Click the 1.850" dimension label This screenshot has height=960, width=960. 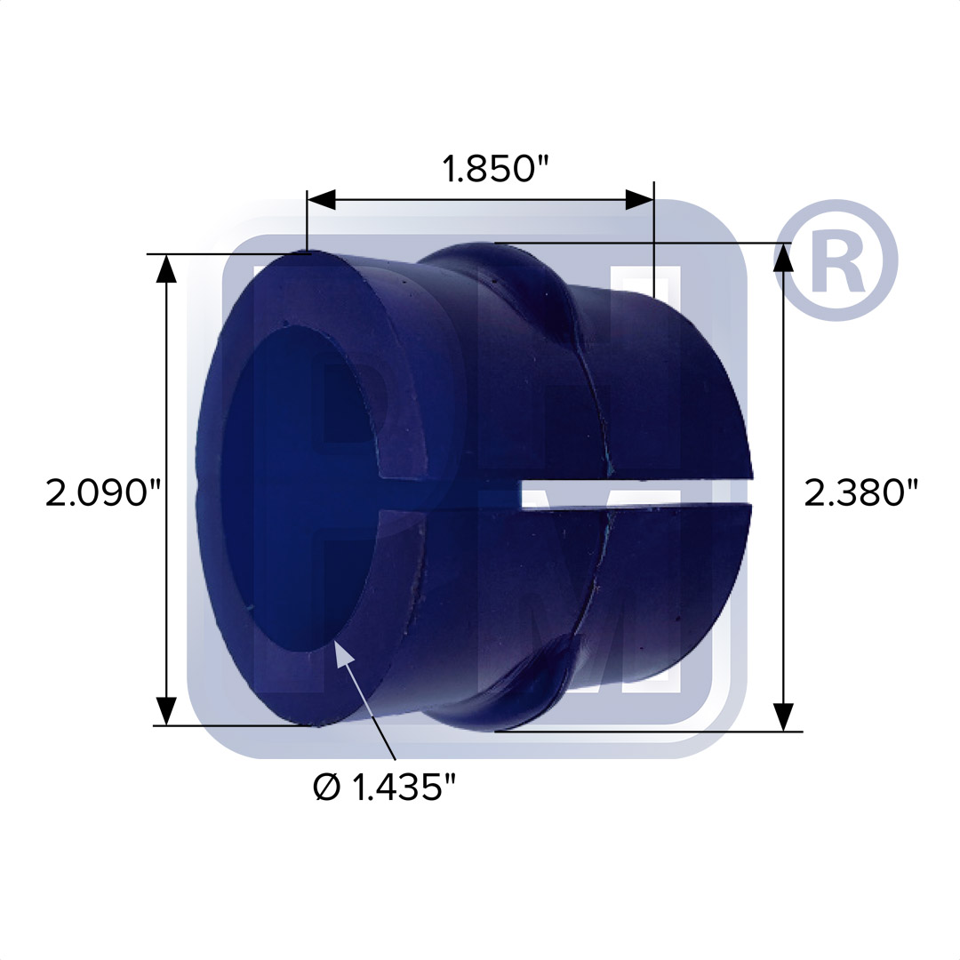pyautogui.click(x=496, y=169)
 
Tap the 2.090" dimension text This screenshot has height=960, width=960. pyautogui.click(x=103, y=492)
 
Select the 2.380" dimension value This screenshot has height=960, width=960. pyautogui.click(x=860, y=492)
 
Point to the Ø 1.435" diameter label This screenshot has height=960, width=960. pyautogui.click(x=385, y=787)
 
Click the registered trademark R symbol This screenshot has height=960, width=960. pyautogui.click(x=836, y=260)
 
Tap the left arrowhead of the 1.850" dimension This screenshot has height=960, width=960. pyautogui.click(x=322, y=200)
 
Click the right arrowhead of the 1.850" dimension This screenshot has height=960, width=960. pyautogui.click(x=639, y=200)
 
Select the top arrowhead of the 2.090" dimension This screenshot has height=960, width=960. pyautogui.click(x=166, y=268)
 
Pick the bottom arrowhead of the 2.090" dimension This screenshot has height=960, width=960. pyautogui.click(x=166, y=711)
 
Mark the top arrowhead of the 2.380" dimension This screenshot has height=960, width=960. pyautogui.click(x=784, y=257)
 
